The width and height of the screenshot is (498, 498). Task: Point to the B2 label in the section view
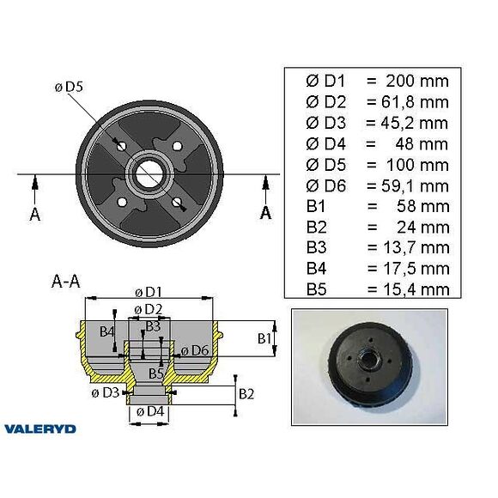pyautogui.click(x=246, y=393)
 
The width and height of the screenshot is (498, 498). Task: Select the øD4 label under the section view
pyautogui.click(x=150, y=412)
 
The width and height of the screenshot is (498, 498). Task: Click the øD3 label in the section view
pyautogui.click(x=105, y=393)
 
